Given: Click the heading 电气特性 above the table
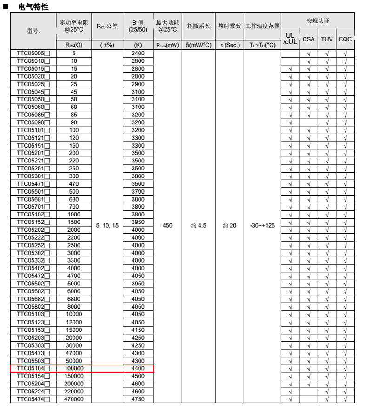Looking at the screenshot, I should coord(33,7).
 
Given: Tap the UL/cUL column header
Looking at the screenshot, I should coord(290,39).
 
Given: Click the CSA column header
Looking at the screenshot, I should coord(308,39).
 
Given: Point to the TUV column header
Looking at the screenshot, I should coord(327,39).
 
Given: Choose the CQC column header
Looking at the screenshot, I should coord(345,39).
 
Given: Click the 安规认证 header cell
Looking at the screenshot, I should coord(318,21).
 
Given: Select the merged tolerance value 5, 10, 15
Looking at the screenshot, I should coord(107,225).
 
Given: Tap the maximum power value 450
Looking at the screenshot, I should coord(167,225).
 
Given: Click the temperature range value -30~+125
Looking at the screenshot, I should coord(262,225).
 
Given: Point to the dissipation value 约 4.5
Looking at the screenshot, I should coord(199,225).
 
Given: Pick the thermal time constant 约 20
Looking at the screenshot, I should coord(229,225).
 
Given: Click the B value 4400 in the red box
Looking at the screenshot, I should coord(138,368).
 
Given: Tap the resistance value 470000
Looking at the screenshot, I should coord(74,399).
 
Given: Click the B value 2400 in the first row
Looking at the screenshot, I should coord(138,54).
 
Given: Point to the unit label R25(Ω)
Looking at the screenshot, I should coord(74,45).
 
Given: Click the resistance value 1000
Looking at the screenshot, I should coord(74,215).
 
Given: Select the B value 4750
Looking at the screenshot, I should coord(138,399).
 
